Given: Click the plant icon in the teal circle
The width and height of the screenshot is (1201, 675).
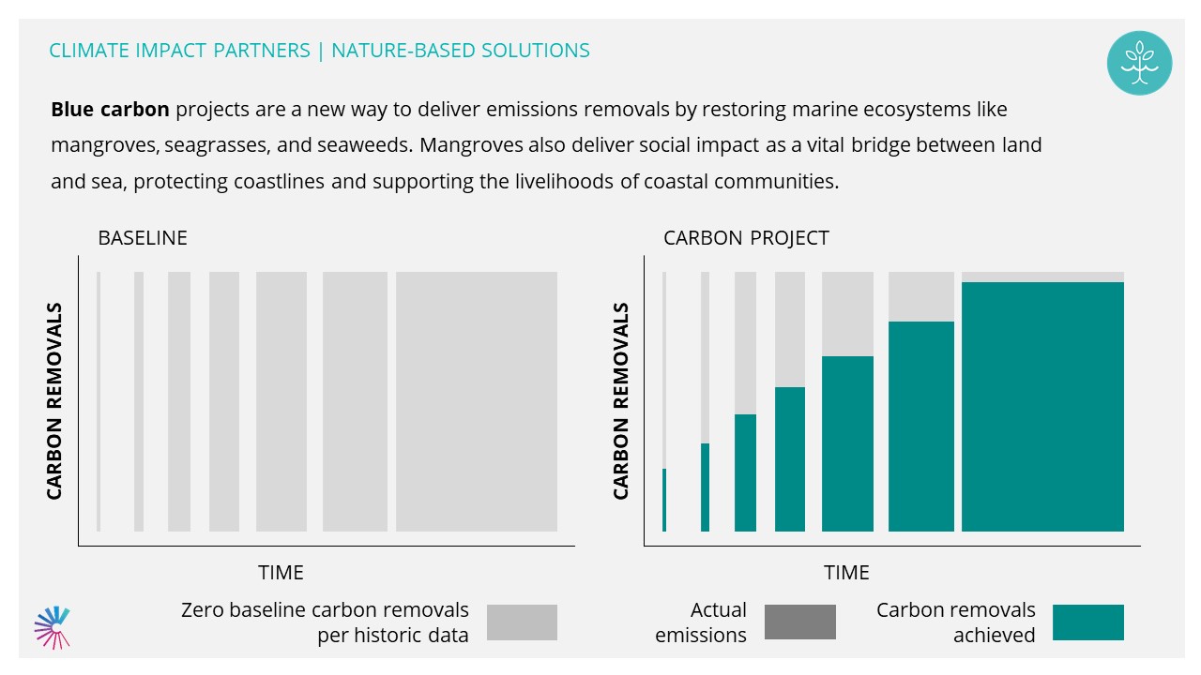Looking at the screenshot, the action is tap(1139, 63).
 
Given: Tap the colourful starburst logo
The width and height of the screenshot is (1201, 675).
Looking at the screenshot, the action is tap(52, 627).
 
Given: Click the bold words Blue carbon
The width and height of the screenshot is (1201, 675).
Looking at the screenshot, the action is tap(110, 110).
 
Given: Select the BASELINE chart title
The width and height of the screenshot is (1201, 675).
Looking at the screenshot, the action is tap(143, 238).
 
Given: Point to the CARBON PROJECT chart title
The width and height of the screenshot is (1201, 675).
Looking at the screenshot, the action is tap(746, 238).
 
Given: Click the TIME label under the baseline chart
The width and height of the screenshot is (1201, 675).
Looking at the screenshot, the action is tap(281, 573).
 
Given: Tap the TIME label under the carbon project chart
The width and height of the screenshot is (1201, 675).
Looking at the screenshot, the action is tap(846, 573).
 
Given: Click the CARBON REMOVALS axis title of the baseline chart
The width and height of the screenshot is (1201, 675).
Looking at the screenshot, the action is tap(54, 401).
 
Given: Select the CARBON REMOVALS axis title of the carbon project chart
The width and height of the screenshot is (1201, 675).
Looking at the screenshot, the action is tap(620, 401).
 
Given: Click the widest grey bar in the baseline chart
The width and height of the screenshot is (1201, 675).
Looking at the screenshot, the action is tap(477, 402).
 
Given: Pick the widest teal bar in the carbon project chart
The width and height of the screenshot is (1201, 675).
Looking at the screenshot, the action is tap(1042, 407).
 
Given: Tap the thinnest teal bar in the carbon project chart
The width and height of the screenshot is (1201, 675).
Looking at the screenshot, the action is tap(664, 500).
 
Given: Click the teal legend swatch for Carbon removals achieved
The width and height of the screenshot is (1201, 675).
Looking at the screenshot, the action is tap(1088, 622).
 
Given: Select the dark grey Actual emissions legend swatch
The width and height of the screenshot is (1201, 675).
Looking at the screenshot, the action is tap(800, 622).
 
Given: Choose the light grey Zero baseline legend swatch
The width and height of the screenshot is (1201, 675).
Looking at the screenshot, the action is tap(523, 622).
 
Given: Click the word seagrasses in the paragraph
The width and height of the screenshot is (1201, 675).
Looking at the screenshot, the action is tap(217, 145).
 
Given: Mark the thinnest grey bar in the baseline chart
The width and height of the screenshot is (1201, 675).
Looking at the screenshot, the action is tap(99, 402).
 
